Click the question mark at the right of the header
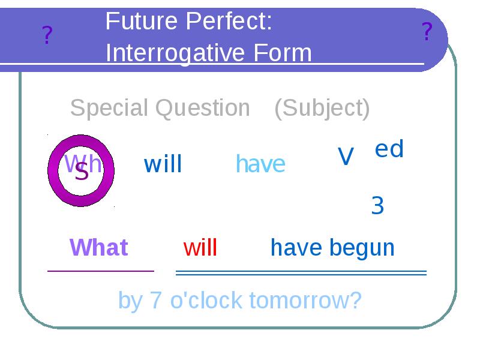click(x=427, y=31)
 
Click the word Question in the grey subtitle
click(x=203, y=108)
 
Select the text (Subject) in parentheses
click(x=322, y=108)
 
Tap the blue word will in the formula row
click(x=163, y=164)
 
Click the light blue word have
click(x=260, y=164)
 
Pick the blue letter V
click(x=346, y=157)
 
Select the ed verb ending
click(x=389, y=149)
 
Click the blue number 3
click(x=377, y=206)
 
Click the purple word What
click(x=99, y=247)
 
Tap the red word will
click(x=200, y=247)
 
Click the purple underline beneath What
click(x=101, y=271)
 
